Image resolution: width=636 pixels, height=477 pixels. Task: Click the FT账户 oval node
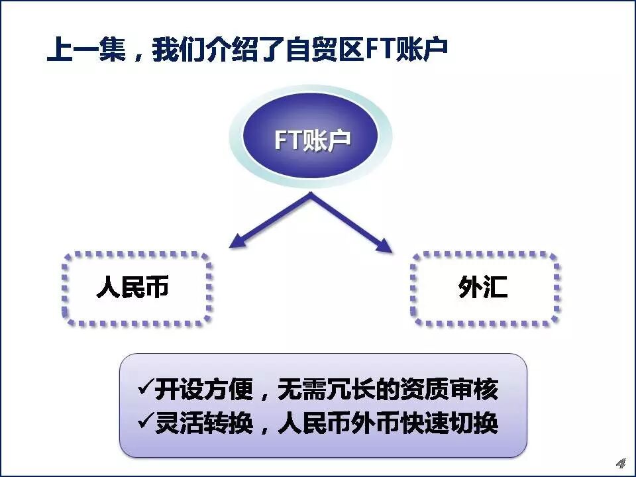coord(311,140)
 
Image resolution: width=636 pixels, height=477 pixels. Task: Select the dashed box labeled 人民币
coord(136,288)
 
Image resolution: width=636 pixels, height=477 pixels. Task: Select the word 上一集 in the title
coord(86,50)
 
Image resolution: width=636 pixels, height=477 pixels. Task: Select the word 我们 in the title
coord(176,50)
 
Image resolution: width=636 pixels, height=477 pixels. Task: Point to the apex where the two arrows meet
coord(310,195)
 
